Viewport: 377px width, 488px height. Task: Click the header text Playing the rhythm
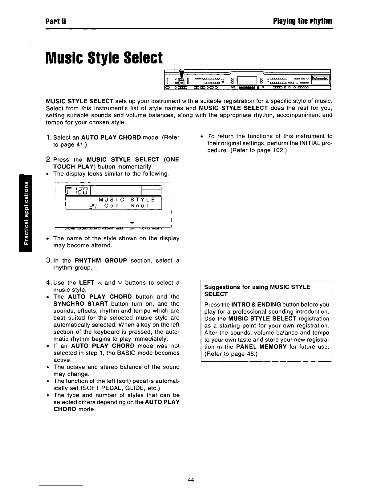click(302, 22)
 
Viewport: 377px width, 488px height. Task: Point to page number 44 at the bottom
click(191, 480)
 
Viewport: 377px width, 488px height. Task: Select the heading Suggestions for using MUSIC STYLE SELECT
click(257, 290)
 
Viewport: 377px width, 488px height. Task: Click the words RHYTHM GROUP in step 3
click(101, 261)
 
